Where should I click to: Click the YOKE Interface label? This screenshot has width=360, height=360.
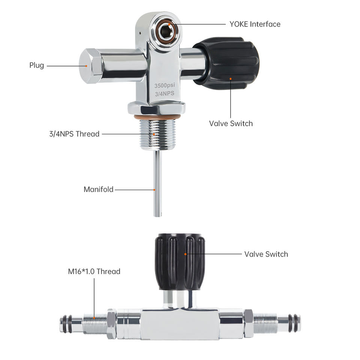[255, 24]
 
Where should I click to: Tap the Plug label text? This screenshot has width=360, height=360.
[37, 65]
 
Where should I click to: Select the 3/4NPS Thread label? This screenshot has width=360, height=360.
[74, 134]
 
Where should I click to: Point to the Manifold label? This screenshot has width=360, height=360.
[99, 189]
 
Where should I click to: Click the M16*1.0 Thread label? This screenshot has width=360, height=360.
[94, 271]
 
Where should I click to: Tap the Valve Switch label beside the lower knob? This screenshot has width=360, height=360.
[266, 254]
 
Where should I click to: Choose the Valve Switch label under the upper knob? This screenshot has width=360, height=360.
[231, 123]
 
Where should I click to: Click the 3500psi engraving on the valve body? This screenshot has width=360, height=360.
[165, 85]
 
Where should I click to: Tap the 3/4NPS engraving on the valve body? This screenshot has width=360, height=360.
[165, 94]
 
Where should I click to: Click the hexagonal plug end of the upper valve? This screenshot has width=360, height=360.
[90, 66]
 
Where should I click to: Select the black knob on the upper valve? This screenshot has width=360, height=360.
[227, 63]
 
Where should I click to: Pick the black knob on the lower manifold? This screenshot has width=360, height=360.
[180, 262]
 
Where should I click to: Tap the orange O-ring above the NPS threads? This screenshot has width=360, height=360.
[157, 118]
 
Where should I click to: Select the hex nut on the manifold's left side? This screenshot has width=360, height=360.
[112, 324]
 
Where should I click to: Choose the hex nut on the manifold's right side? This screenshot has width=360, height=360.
[248, 323]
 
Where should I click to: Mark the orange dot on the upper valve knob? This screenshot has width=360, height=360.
[231, 79]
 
